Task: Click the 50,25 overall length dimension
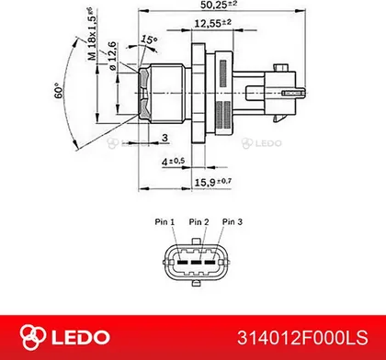click(x=219, y=5)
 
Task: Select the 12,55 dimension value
click(x=212, y=23)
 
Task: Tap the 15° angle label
click(x=149, y=39)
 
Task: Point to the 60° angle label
click(x=58, y=91)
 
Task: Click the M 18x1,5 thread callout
click(x=92, y=34)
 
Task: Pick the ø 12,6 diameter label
click(x=112, y=56)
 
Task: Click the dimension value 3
click(x=165, y=138)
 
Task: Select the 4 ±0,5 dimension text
click(x=174, y=162)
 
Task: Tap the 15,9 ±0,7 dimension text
click(x=213, y=183)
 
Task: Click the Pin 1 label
click(x=165, y=221)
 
